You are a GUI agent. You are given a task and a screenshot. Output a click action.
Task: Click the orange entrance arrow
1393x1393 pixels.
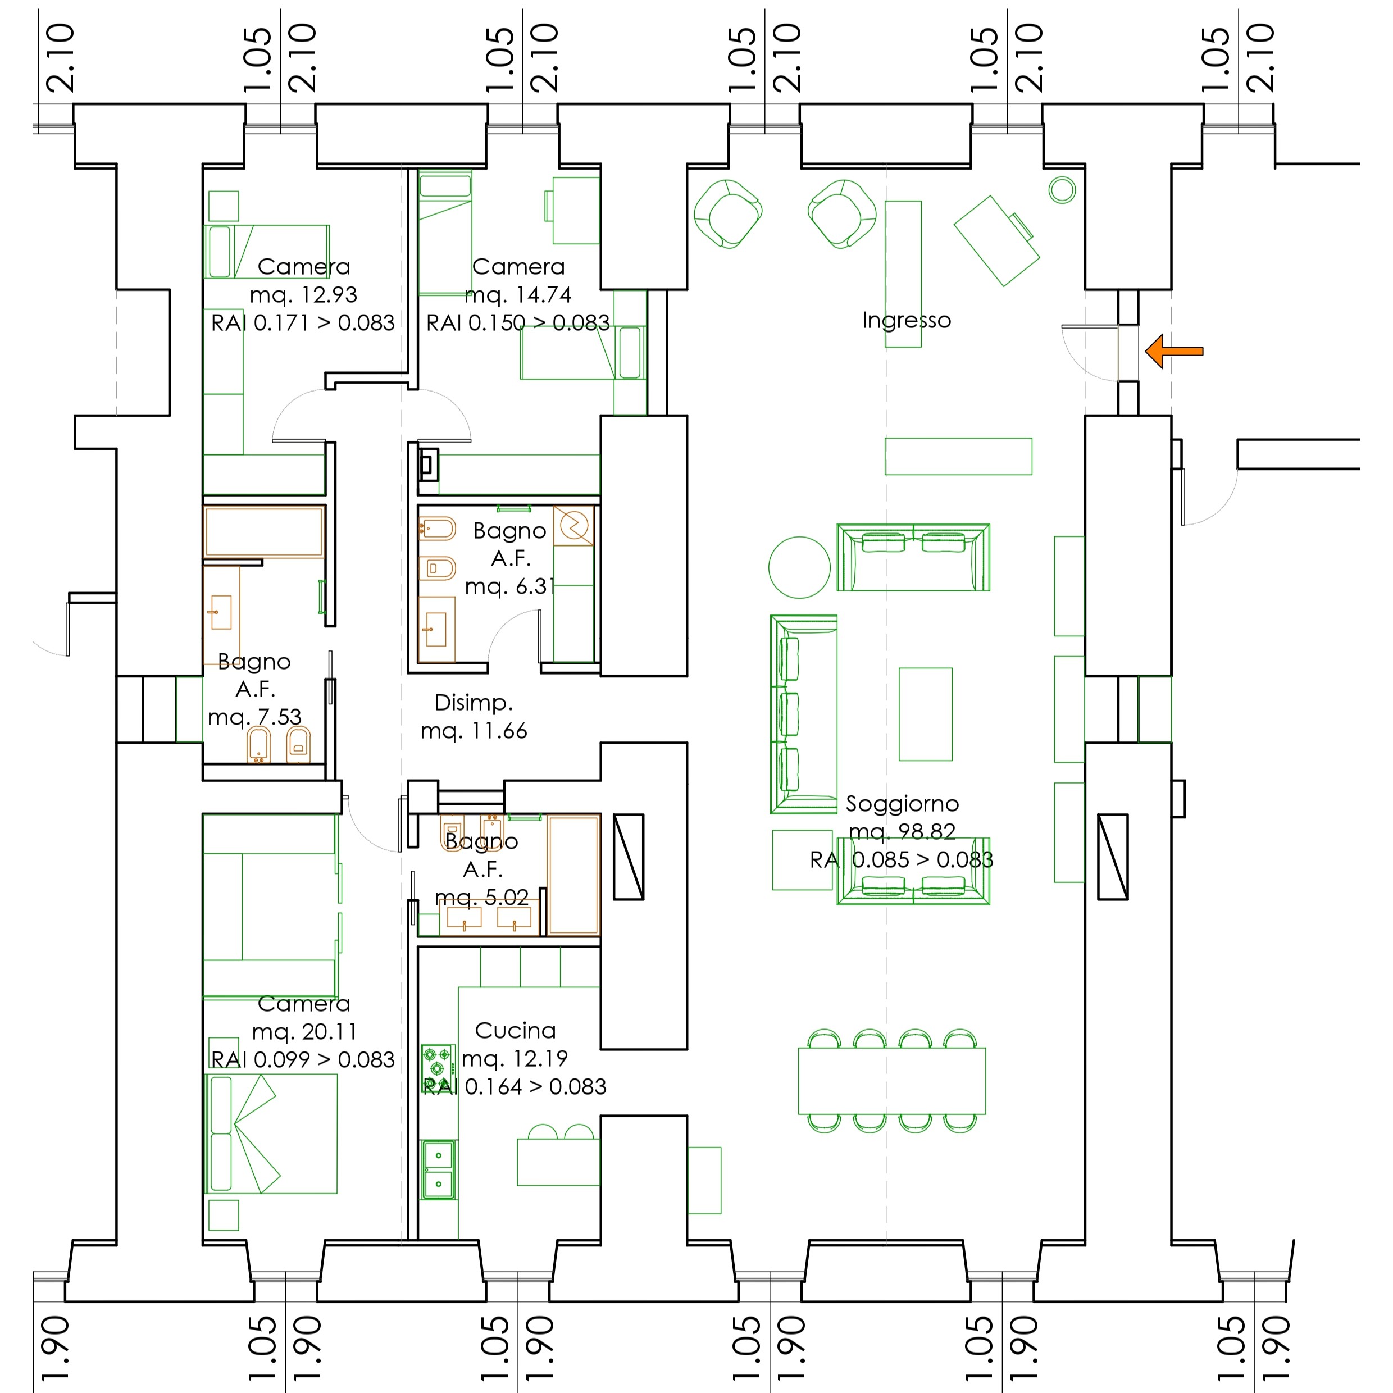tap(1174, 352)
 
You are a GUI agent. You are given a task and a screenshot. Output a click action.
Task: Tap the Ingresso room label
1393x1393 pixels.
tap(907, 320)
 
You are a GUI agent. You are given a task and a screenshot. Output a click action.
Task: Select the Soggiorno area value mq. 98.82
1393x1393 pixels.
tap(902, 831)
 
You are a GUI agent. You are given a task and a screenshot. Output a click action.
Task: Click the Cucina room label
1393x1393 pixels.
tap(515, 1030)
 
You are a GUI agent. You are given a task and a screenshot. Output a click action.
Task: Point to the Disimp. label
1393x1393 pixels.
tap(474, 703)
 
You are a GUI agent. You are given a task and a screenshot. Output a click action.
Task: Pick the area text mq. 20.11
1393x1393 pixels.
tap(303, 1032)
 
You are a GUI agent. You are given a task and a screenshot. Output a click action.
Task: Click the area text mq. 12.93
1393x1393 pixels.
tap(303, 295)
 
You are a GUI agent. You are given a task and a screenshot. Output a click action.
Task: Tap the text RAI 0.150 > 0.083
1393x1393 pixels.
tap(518, 322)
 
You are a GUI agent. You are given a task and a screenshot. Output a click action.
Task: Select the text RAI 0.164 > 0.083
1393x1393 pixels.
tap(514, 1086)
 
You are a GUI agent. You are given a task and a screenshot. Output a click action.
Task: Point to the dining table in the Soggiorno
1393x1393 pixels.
tap(892, 1081)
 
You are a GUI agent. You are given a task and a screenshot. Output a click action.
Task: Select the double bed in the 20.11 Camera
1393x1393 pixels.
tap(271, 1133)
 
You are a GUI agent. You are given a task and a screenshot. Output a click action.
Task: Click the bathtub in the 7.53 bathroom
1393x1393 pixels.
tap(264, 531)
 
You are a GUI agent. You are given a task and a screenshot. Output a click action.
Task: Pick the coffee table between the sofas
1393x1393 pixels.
tap(925, 714)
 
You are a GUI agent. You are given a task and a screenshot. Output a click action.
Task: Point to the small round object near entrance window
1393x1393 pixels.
tap(1062, 190)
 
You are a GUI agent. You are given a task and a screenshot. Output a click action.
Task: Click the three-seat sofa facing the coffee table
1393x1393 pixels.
tap(803, 714)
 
